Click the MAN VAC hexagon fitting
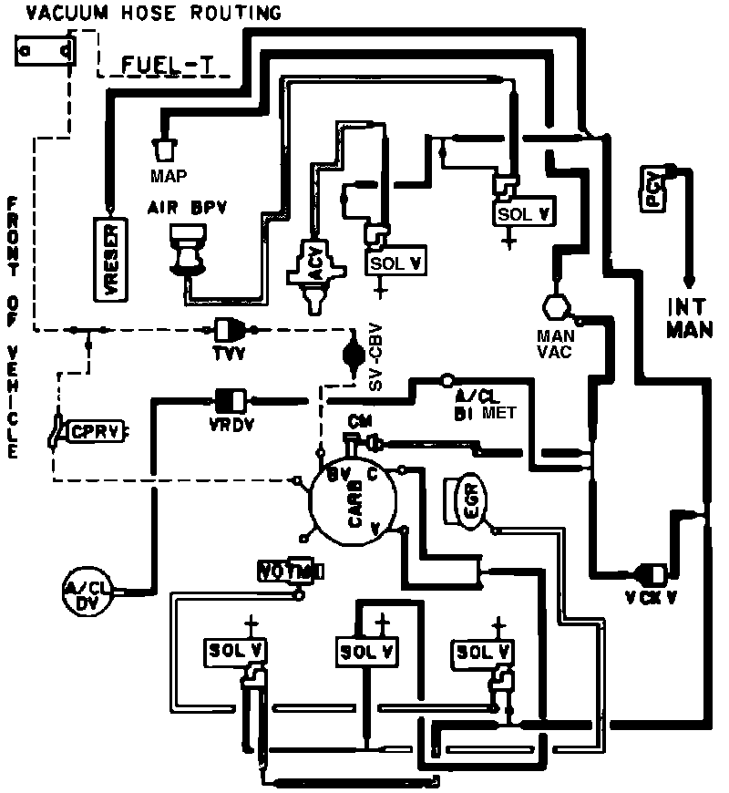point(554,306)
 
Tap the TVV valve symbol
point(227,329)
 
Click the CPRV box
point(95,430)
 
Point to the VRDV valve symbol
point(228,398)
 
